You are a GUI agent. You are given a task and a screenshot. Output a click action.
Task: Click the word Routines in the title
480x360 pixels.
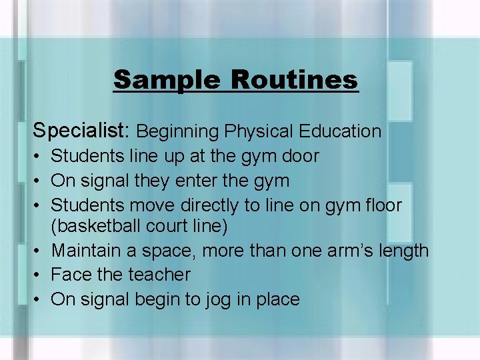(x=295, y=80)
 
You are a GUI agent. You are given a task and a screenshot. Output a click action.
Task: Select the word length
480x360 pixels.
(x=405, y=251)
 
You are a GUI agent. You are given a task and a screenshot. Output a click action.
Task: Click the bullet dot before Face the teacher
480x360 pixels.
(x=37, y=275)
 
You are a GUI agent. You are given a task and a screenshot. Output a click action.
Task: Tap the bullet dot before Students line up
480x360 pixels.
(x=37, y=157)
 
